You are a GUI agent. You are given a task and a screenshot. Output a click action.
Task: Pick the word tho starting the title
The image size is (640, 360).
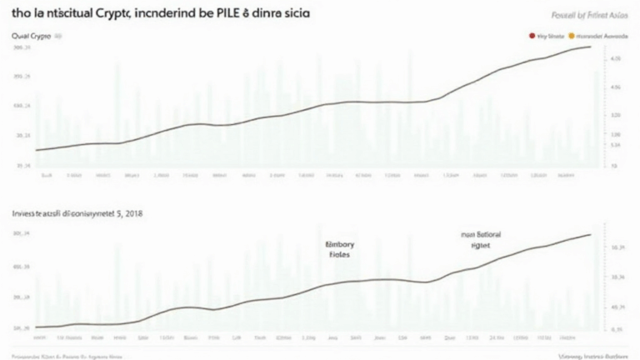click(x=12, y=16)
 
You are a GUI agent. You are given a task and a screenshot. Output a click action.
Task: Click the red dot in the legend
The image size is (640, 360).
click(x=532, y=37)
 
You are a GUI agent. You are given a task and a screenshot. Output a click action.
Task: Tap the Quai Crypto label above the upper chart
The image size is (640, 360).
click(x=30, y=37)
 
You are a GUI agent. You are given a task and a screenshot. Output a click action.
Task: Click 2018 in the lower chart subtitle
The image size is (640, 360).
click(x=132, y=213)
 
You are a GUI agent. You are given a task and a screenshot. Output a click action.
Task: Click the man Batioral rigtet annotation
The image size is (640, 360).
click(x=482, y=241)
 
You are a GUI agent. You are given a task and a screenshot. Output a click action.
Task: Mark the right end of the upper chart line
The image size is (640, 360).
click(x=592, y=47)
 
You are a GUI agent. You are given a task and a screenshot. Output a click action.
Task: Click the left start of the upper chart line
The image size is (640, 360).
click(x=36, y=150)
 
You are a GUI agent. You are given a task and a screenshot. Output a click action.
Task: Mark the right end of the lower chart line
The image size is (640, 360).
click(x=592, y=234)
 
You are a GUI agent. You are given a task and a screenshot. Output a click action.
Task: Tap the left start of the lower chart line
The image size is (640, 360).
click(x=36, y=327)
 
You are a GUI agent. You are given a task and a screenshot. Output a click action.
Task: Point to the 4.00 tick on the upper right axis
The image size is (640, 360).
click(x=617, y=87)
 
